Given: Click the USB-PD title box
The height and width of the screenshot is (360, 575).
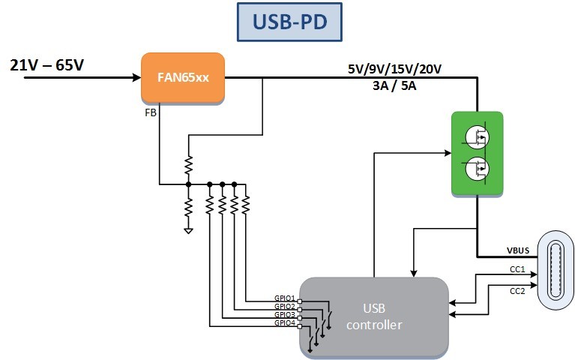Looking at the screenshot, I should [289, 22].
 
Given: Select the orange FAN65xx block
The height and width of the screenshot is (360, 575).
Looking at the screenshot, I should [183, 77].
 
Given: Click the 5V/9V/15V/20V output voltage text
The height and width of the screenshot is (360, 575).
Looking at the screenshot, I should [394, 70].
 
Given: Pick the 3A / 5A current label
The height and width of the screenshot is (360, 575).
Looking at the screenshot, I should [394, 85].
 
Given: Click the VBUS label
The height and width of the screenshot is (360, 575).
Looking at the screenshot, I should [517, 250].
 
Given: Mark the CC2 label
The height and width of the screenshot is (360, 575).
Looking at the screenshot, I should [517, 290].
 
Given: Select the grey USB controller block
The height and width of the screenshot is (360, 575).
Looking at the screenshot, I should [375, 316].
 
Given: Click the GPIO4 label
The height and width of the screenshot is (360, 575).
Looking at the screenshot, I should [285, 323].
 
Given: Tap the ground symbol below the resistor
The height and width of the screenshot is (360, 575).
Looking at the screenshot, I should [188, 230].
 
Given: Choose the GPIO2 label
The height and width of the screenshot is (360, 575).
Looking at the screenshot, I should [285, 307].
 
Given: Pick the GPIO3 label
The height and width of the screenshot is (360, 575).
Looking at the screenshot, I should [285, 315].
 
